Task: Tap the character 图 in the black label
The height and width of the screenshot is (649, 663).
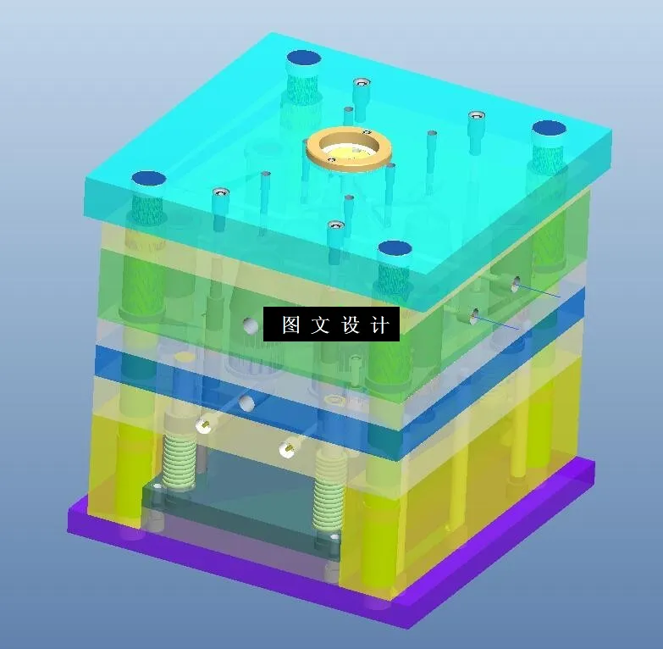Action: coord(291,325)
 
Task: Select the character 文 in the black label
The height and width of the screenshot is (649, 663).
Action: coord(320,325)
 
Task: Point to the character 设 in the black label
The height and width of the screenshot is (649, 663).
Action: coord(351,325)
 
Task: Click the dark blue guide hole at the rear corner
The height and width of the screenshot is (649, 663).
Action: coord(304,58)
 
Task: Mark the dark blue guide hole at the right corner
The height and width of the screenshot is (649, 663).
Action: coord(549,129)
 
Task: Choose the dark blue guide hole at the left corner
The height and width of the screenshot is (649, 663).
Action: coord(147,179)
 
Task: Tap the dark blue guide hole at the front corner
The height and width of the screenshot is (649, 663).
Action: coord(395,248)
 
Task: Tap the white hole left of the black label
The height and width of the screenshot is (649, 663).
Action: coord(249,324)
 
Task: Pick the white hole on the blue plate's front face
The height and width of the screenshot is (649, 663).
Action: coord(246,402)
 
